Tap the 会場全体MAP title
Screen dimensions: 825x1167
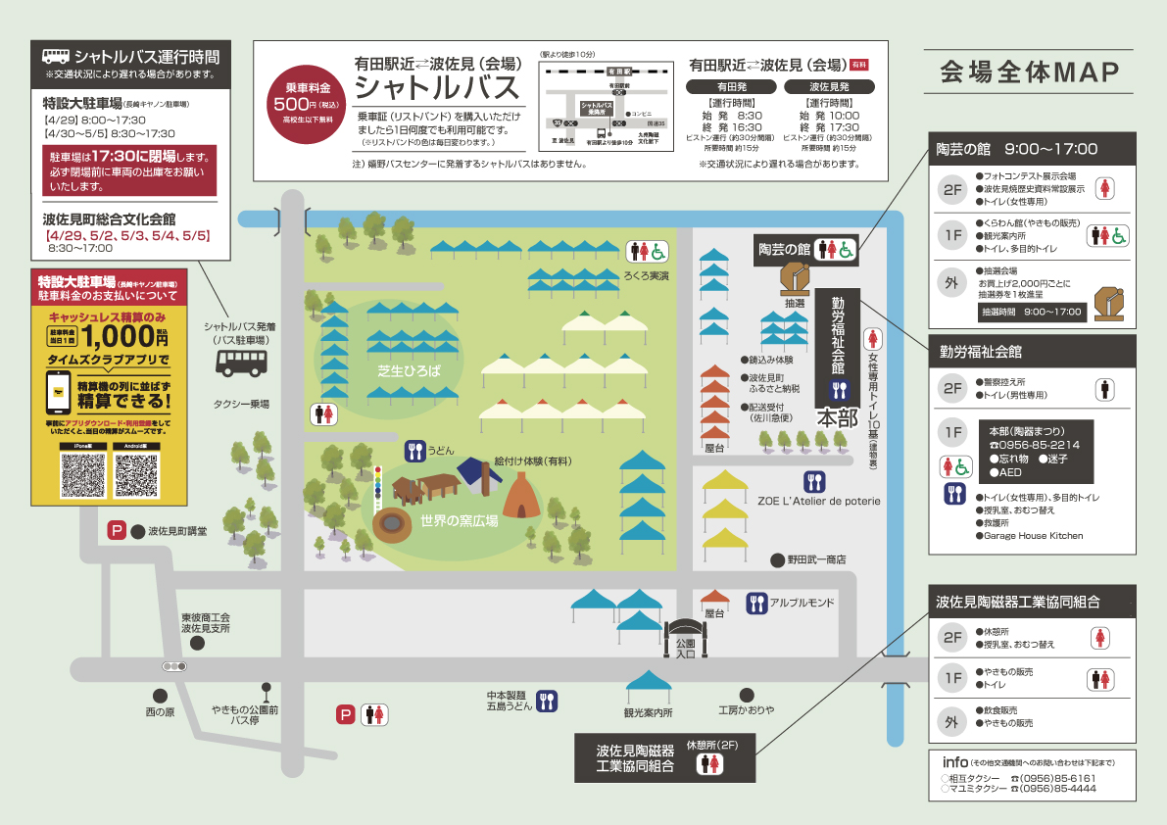click(x=1029, y=73)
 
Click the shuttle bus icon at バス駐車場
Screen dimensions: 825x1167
click(x=242, y=364)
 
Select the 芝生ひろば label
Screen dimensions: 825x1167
click(x=409, y=371)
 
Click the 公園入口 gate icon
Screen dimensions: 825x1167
click(x=686, y=637)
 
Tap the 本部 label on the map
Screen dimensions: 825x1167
click(x=838, y=417)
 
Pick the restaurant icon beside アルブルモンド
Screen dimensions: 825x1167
click(x=755, y=604)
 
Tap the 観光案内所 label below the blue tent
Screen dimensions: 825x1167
click(x=649, y=712)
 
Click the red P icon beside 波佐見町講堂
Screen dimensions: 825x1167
click(x=117, y=531)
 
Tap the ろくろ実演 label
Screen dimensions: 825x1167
click(x=647, y=276)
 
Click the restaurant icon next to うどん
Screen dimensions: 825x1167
click(x=413, y=451)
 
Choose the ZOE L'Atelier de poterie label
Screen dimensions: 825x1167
click(x=818, y=501)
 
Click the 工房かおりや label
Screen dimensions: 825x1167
click(x=746, y=709)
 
